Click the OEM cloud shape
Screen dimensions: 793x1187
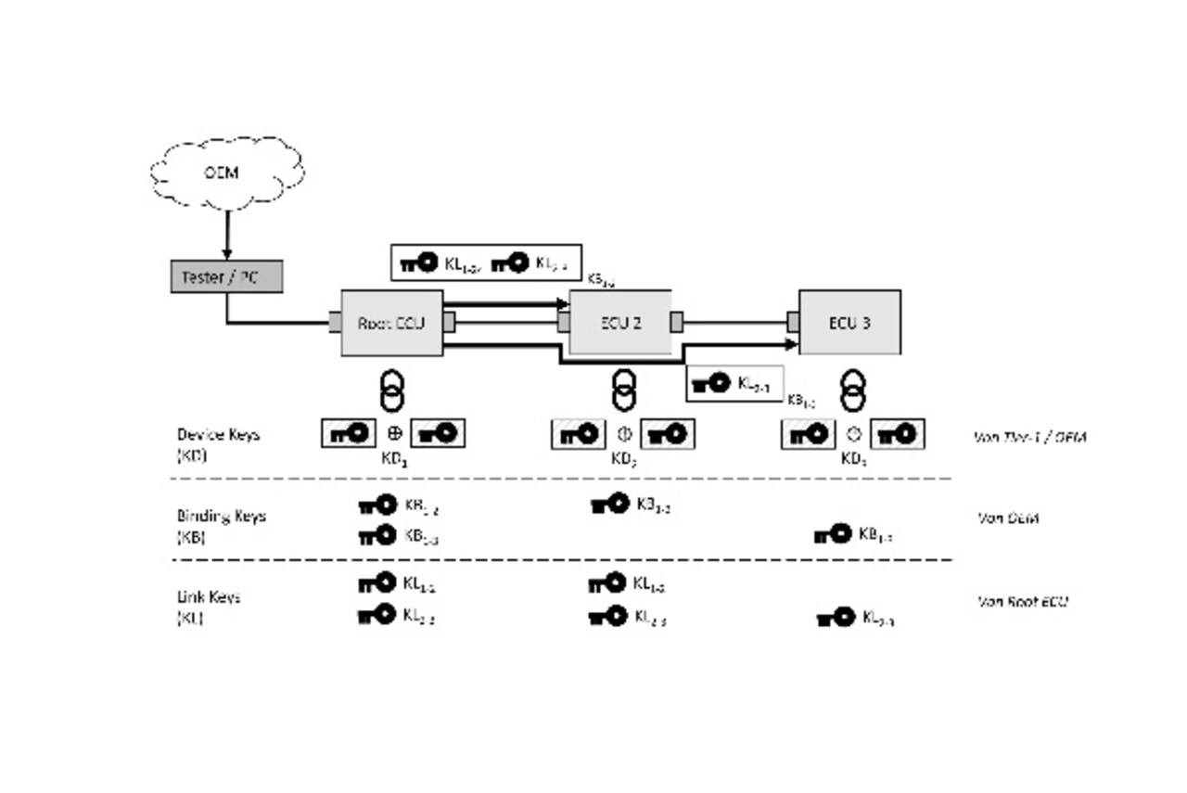click(x=227, y=173)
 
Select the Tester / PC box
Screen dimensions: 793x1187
click(x=226, y=277)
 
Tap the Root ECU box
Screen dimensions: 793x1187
click(x=392, y=323)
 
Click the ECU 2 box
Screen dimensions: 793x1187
click(x=619, y=323)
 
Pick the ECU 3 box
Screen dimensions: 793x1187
click(x=849, y=323)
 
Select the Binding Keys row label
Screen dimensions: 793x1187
click(x=221, y=524)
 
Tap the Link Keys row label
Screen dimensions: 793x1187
click(x=209, y=606)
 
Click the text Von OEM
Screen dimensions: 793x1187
click(x=1008, y=518)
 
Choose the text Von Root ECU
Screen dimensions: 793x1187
click(x=1023, y=601)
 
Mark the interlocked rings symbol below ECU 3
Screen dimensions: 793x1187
click(x=852, y=390)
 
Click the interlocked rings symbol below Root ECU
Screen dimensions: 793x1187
click(x=393, y=390)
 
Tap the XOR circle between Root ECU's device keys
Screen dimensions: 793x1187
click(x=393, y=433)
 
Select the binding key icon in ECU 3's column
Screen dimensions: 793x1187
click(x=833, y=534)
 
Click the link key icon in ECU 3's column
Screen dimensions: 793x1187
click(x=836, y=618)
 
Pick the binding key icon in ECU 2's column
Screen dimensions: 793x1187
click(x=609, y=505)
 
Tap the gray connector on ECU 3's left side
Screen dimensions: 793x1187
click(x=793, y=322)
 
